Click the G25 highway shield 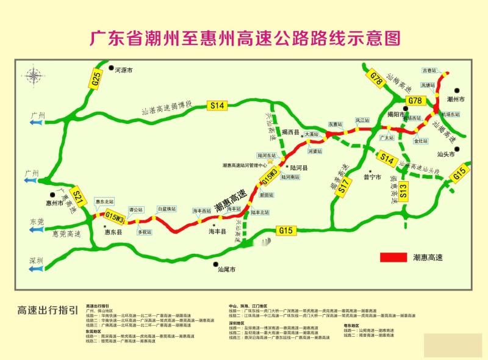pyautogui.click(x=96, y=79)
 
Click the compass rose pyautogui.click(x=34, y=77)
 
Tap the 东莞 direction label pyautogui.click(x=37, y=221)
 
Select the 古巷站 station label pyautogui.click(x=429, y=71)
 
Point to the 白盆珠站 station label pyautogui.click(x=167, y=209)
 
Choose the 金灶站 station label pyautogui.click(x=421, y=141)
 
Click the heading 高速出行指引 pyautogui.click(x=48, y=310)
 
